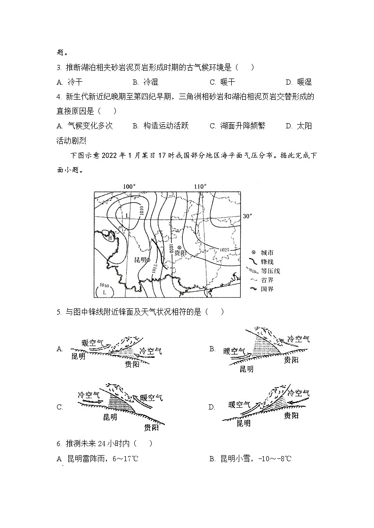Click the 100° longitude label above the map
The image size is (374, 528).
(129, 187)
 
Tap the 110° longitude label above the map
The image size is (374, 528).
(200, 187)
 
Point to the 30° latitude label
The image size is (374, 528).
(247, 216)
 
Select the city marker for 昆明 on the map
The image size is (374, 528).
(148, 260)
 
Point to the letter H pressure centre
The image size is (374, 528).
(110, 238)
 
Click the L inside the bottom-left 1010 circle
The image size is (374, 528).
(105, 292)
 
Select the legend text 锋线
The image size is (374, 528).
(267, 261)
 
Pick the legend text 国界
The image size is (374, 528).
(267, 289)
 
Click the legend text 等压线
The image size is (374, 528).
(270, 271)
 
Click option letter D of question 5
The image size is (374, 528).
(212, 407)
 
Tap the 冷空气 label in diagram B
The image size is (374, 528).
(299, 339)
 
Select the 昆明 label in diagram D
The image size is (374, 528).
(244, 423)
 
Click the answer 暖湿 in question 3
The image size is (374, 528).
(302, 82)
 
